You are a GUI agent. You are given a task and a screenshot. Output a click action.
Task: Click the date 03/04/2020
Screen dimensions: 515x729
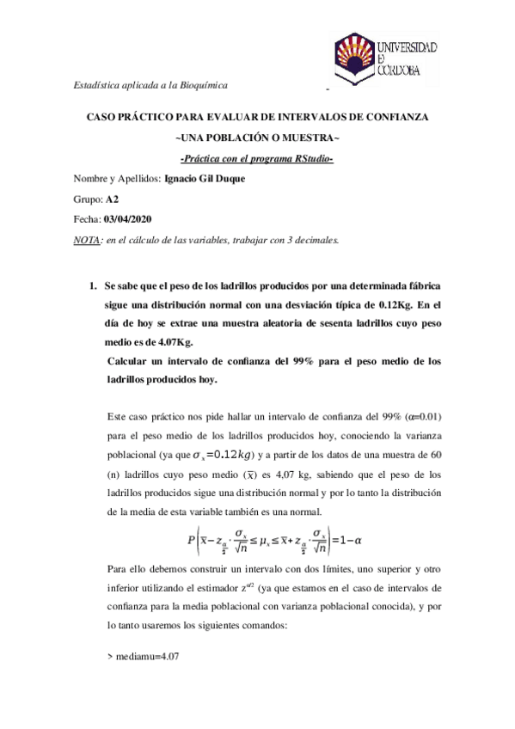click(128, 220)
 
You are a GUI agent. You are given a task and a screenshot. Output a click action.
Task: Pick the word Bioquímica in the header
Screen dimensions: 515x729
click(203, 84)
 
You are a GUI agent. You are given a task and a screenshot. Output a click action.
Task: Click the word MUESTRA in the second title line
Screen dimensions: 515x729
click(309, 138)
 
